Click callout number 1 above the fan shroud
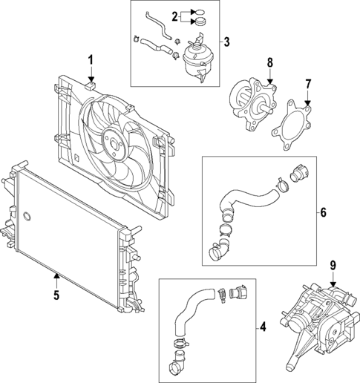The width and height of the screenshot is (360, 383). [91, 59]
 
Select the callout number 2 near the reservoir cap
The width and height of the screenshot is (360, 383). [175, 16]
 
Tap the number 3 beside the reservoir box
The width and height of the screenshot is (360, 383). [227, 41]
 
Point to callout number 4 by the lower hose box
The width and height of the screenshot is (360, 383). [263, 326]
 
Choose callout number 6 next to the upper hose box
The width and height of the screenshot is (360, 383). [323, 212]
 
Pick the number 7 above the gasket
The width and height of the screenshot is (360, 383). [309, 85]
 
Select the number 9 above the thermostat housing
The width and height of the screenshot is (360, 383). [333, 264]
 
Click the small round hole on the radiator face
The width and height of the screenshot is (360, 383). [28, 217]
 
